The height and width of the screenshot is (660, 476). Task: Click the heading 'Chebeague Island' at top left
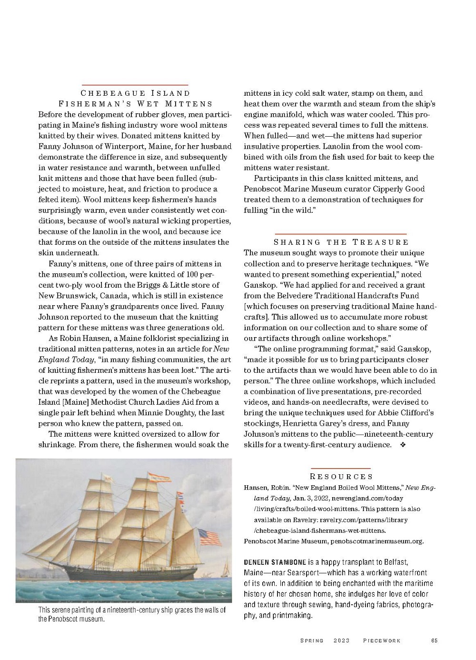coord(135,93)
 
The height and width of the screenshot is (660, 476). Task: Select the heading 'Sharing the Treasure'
coord(341,242)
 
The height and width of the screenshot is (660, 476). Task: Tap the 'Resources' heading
coord(341,477)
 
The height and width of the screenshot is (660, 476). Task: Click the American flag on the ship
coord(209,538)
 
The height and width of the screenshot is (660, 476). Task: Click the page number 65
coord(434,640)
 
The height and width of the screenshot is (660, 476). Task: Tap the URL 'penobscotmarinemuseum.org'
coord(377,541)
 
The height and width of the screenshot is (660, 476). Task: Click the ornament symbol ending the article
coord(403,445)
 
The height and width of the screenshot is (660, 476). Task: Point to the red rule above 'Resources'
coord(340,469)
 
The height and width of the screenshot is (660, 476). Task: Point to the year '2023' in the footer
coord(341,640)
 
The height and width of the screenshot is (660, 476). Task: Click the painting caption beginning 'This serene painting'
coord(132,614)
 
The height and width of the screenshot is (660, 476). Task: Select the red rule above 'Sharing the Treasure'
coord(340,234)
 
